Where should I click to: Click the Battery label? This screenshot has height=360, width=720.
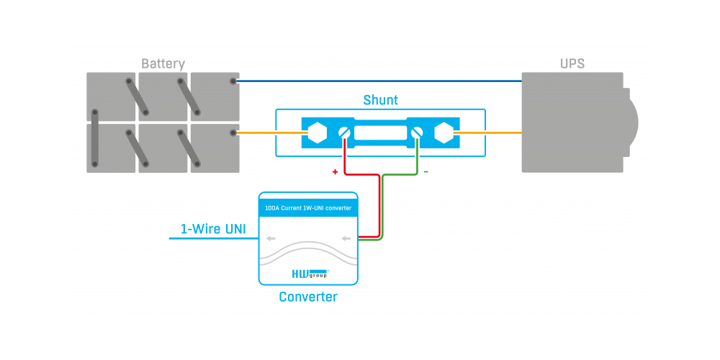click(x=163, y=64)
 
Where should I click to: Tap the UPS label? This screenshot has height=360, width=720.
click(x=572, y=64)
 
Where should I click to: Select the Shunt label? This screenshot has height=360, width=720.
click(x=380, y=100)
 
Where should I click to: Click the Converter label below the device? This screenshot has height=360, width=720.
click(x=307, y=297)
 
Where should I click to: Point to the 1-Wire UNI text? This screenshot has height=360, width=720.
click(x=212, y=230)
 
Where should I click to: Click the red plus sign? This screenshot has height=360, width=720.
click(x=334, y=172)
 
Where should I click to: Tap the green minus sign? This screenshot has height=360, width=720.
click(x=426, y=172)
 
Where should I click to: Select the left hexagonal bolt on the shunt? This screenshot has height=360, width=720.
click(x=316, y=133)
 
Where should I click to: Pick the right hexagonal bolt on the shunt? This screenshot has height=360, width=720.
click(x=444, y=133)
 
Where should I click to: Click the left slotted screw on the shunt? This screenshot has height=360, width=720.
click(x=345, y=133)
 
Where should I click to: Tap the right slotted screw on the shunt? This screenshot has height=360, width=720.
click(x=416, y=133)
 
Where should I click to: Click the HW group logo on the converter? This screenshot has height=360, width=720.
click(x=307, y=274)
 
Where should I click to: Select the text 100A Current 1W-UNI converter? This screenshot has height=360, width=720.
click(x=307, y=208)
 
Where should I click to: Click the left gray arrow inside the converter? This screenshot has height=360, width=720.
click(x=270, y=239)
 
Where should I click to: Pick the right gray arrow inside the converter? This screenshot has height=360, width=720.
click(x=346, y=239)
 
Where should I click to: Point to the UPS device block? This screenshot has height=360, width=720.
click(x=572, y=122)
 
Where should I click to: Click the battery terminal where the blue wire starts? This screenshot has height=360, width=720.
click(x=233, y=81)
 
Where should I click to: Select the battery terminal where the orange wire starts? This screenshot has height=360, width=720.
click(x=233, y=132)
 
